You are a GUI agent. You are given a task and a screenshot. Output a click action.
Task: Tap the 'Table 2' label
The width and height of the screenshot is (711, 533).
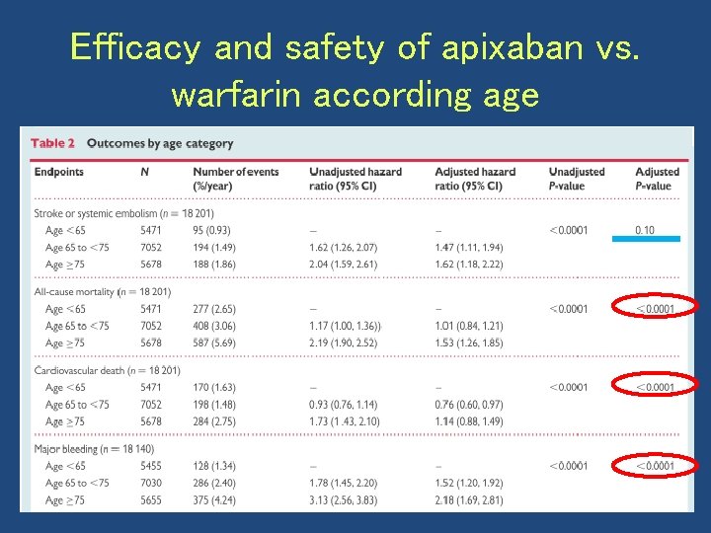(x=52, y=143)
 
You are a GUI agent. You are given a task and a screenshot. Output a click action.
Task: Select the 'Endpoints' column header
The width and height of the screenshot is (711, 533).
(x=59, y=172)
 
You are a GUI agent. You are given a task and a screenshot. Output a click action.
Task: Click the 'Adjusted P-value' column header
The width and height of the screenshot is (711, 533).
(x=657, y=179)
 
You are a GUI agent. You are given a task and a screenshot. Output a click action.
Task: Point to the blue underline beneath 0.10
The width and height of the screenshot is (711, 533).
(x=646, y=238)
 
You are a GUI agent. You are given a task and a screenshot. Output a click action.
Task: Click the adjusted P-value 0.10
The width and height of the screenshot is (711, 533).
(x=644, y=230)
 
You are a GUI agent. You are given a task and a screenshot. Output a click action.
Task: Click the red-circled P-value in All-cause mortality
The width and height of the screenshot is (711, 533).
(x=655, y=309)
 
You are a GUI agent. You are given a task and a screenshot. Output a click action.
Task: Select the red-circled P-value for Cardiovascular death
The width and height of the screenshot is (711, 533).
(x=655, y=387)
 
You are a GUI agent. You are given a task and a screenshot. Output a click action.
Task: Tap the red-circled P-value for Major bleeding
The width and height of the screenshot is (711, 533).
(x=655, y=466)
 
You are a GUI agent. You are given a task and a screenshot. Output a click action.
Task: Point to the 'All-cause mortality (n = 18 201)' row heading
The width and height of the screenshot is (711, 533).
(x=102, y=292)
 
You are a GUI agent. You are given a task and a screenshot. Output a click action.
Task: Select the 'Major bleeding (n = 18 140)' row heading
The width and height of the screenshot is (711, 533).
(x=94, y=449)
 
